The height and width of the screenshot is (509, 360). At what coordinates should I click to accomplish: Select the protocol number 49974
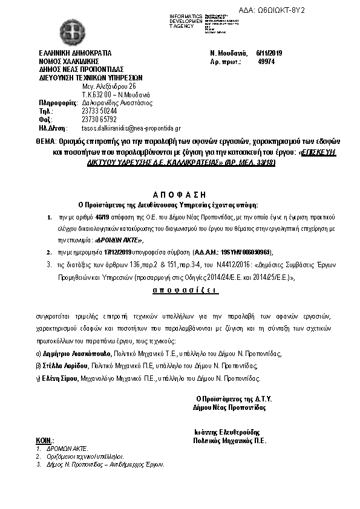tap(266, 61)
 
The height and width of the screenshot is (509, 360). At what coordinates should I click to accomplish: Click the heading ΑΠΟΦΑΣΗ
tap(180, 195)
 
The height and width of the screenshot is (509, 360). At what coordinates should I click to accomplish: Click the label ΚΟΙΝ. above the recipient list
tap(44, 442)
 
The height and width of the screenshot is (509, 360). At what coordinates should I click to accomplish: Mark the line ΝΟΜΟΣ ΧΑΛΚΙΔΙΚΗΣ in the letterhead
tap(68, 61)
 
